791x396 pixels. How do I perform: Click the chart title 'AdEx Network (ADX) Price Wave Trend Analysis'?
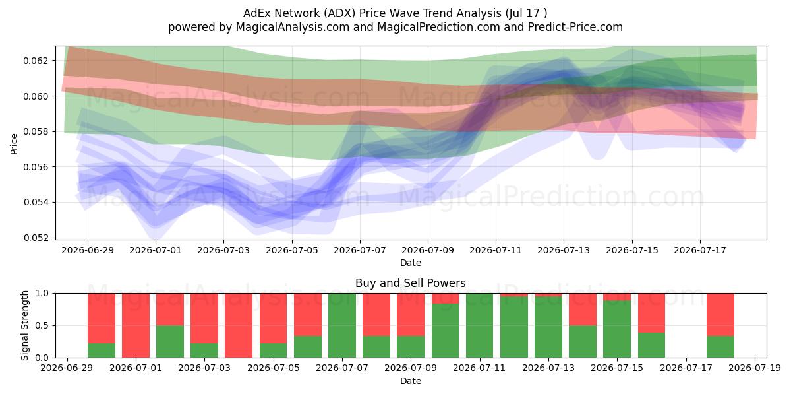(x=372, y=13)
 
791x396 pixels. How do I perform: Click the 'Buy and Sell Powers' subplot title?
(x=410, y=283)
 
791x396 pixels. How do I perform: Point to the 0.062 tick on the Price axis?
(x=36, y=61)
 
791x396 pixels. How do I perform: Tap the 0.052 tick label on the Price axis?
(x=36, y=238)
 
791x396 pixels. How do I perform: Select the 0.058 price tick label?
(x=36, y=131)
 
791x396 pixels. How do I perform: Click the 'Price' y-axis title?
(x=14, y=144)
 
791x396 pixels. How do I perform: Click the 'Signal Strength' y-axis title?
(x=24, y=325)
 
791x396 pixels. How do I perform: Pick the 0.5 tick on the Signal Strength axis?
(x=42, y=325)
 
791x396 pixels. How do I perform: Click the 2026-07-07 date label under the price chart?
(x=360, y=250)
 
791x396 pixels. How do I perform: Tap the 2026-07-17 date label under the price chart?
(x=700, y=250)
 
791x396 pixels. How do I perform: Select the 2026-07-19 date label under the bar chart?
(x=755, y=368)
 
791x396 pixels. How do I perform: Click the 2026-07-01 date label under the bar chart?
(x=136, y=368)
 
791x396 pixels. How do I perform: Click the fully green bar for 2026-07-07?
(x=342, y=325)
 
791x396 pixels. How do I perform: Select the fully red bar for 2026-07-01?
(x=136, y=325)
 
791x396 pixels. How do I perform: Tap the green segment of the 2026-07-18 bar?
(x=720, y=347)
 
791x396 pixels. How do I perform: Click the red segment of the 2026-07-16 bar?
(x=651, y=313)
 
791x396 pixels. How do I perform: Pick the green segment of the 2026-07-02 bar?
(x=170, y=342)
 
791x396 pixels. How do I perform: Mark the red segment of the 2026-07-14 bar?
(x=583, y=310)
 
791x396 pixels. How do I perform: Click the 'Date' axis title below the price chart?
(x=410, y=263)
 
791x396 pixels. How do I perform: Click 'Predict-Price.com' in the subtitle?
(x=575, y=27)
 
